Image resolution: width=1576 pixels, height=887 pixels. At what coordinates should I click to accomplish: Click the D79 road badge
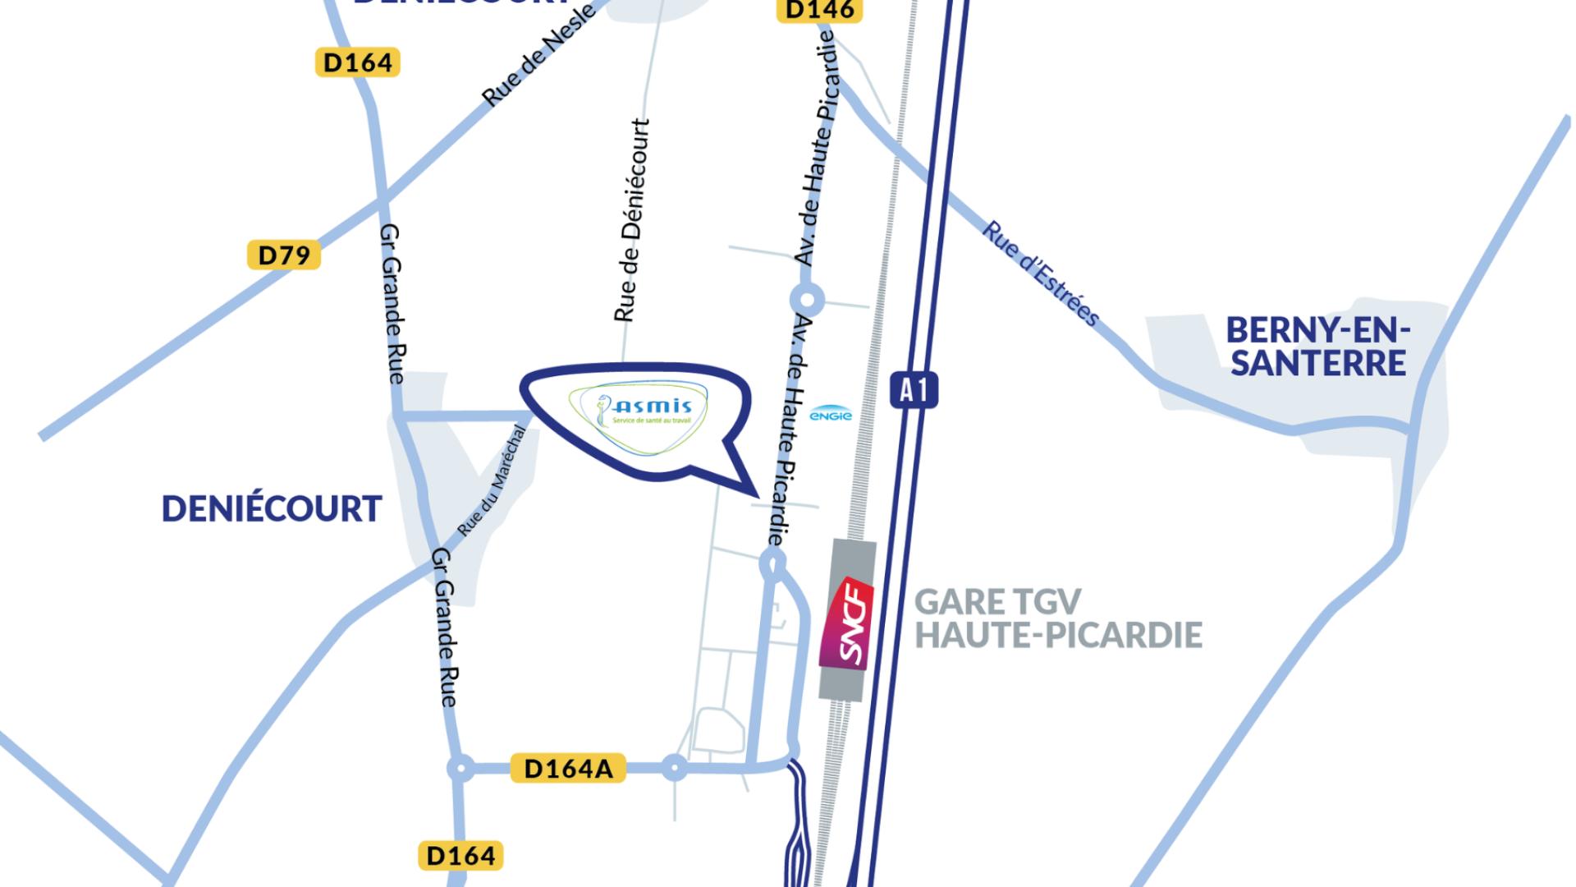(284, 255)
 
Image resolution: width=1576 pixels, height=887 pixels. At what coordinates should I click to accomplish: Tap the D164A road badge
(568, 768)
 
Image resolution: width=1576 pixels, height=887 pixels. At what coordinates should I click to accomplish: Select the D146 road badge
(819, 10)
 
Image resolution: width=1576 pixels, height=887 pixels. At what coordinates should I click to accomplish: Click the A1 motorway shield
(914, 390)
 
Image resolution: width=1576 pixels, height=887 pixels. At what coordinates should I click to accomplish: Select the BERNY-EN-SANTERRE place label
(1317, 347)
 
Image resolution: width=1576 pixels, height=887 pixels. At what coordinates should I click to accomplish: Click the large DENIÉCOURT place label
(272, 509)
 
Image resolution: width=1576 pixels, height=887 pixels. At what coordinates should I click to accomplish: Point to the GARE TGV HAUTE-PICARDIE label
(1057, 618)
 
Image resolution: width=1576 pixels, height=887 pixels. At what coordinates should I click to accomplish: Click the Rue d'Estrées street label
(1041, 273)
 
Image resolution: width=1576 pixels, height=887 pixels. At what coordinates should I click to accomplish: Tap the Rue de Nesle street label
(538, 56)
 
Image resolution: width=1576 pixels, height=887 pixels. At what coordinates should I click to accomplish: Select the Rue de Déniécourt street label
(632, 220)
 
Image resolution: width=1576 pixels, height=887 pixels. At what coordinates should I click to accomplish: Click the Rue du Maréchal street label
(492, 481)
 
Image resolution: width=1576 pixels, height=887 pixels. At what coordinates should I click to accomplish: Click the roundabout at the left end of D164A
(460, 769)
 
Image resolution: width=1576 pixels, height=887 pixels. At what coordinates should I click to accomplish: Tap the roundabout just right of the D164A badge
(675, 769)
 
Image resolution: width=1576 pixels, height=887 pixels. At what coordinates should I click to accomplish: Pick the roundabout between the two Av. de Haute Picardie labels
(807, 299)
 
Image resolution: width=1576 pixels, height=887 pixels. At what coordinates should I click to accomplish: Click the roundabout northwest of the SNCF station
(773, 563)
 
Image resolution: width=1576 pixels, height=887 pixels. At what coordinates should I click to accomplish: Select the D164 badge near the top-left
(357, 62)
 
